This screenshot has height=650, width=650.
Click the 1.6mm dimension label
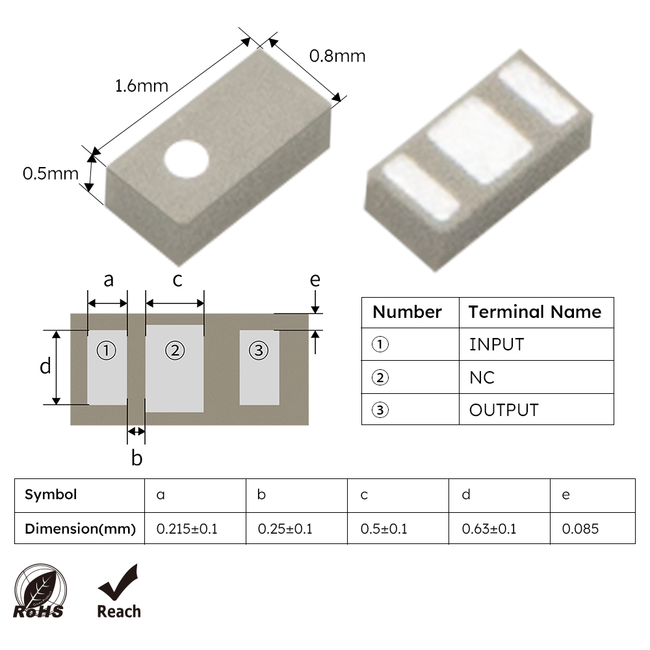(x=141, y=85)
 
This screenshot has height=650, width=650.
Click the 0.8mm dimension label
(x=337, y=56)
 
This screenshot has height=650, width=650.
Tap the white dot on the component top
(x=186, y=158)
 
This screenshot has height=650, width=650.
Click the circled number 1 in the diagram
(x=107, y=351)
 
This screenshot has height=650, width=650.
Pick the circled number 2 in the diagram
(x=174, y=351)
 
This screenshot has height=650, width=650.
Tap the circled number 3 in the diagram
(x=259, y=351)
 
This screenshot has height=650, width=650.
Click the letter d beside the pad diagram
(x=45, y=367)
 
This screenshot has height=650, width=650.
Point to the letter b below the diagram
(x=136, y=458)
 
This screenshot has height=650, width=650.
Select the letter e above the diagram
(x=315, y=279)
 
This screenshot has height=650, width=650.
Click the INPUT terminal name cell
(x=496, y=344)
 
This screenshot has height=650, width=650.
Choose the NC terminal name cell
(x=482, y=377)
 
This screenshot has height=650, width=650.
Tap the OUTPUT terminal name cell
(x=504, y=410)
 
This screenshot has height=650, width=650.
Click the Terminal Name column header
(x=534, y=312)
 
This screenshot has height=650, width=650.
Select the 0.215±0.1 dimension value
(x=187, y=528)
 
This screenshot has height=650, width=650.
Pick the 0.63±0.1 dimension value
(x=489, y=528)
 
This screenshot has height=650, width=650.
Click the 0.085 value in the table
(x=580, y=528)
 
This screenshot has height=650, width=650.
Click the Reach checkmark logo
(x=118, y=591)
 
